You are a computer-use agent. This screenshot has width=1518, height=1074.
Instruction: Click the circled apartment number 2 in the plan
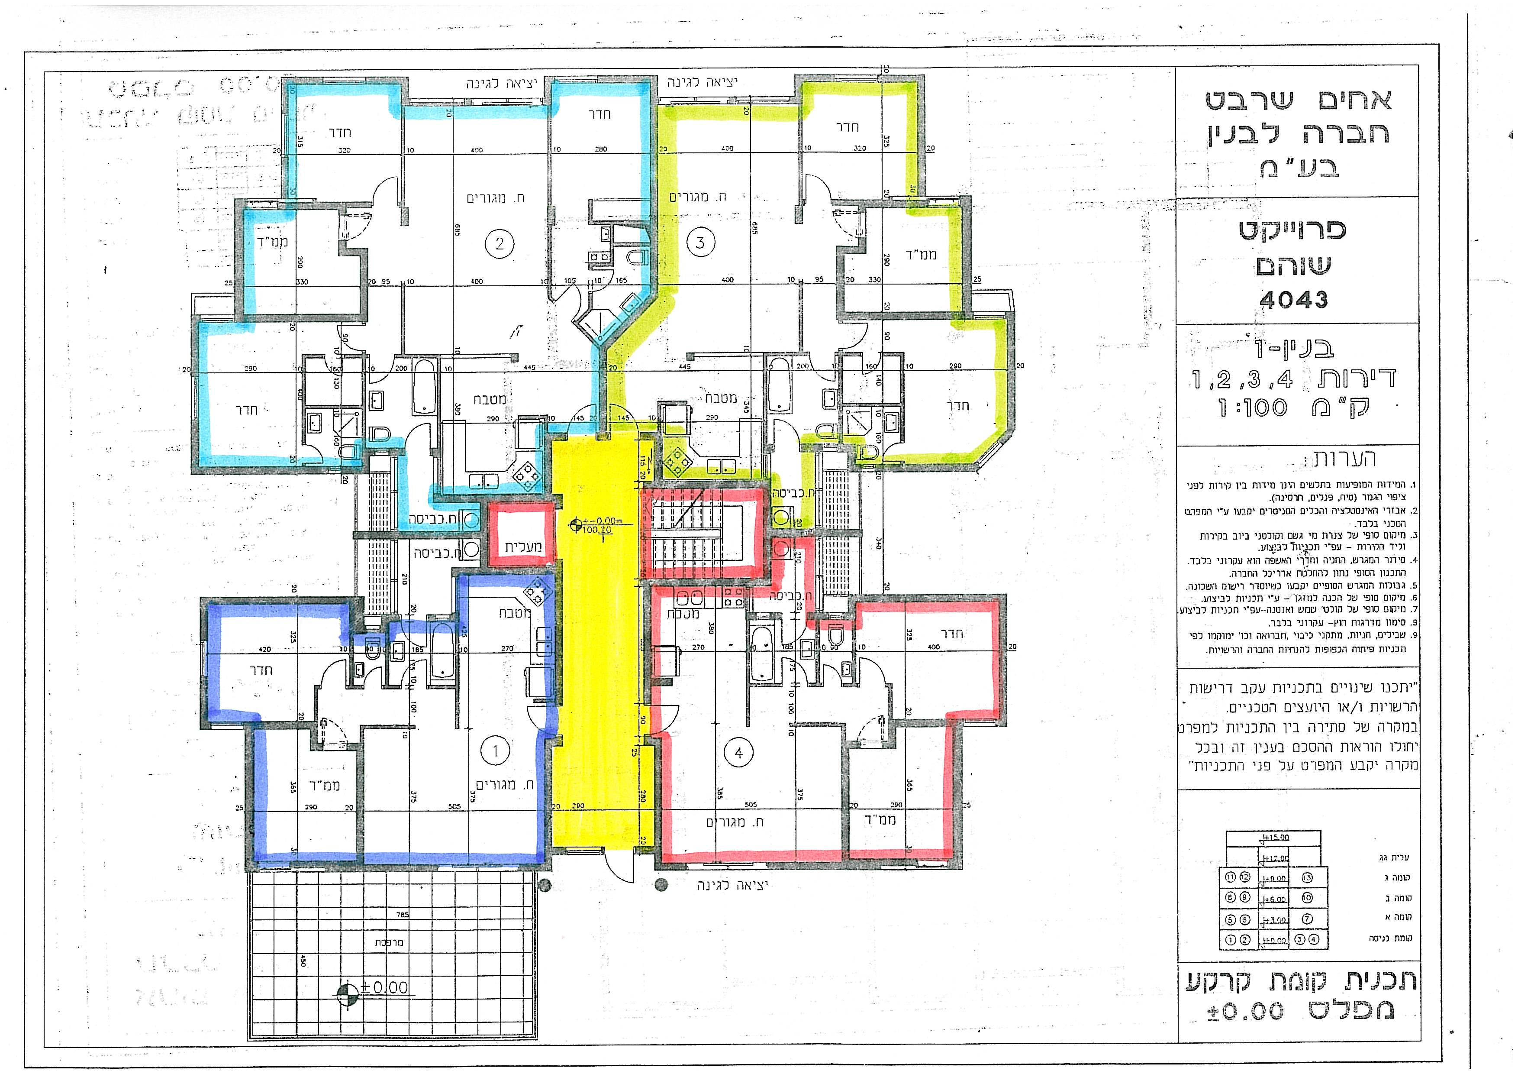(499, 243)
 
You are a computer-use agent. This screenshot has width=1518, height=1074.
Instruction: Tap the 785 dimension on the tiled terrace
(403, 915)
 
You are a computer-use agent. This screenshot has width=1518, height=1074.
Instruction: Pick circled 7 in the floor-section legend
(1306, 919)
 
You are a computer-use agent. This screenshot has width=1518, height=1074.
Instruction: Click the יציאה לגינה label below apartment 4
(732, 885)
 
